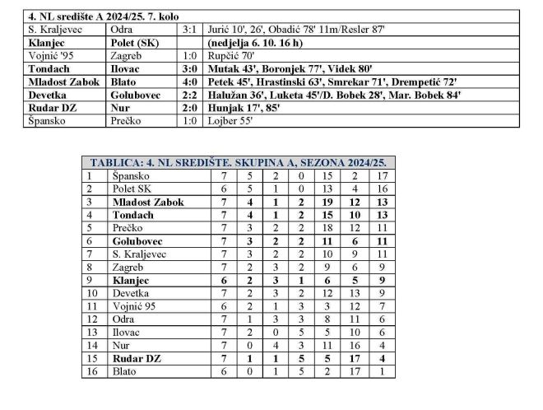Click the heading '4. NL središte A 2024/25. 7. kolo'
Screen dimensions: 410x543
tap(103, 16)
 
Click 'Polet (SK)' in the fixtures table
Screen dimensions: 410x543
tap(135, 42)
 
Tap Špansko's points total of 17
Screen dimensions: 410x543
tap(382, 175)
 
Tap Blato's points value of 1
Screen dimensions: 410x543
tap(382, 371)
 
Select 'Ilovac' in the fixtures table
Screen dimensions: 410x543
tap(128, 68)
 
